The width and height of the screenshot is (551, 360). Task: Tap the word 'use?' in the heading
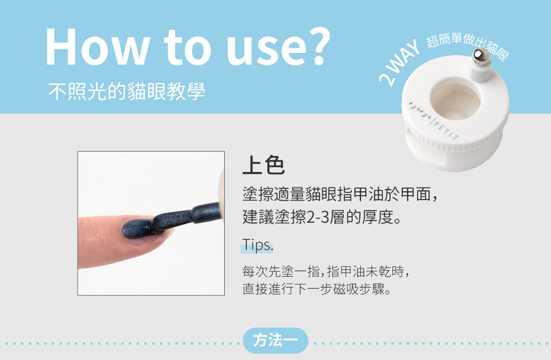pos(278,47)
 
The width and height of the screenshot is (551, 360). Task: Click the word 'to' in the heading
pos(188,47)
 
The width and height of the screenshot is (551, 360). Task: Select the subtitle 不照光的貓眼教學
pos(127,92)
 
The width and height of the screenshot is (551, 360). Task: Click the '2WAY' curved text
pos(398,63)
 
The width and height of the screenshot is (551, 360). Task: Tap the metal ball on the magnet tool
pos(480,56)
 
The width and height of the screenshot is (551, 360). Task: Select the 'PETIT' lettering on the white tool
pos(446,130)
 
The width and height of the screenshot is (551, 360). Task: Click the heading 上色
pos(263,165)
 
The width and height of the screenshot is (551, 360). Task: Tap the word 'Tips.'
pos(257,245)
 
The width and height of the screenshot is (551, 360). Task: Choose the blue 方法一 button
pos(275,340)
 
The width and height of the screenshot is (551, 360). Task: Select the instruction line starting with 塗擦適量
pos(340,195)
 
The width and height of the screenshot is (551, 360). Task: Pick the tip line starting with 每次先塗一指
pos(326,271)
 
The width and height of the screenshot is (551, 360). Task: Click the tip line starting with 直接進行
pos(317,289)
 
